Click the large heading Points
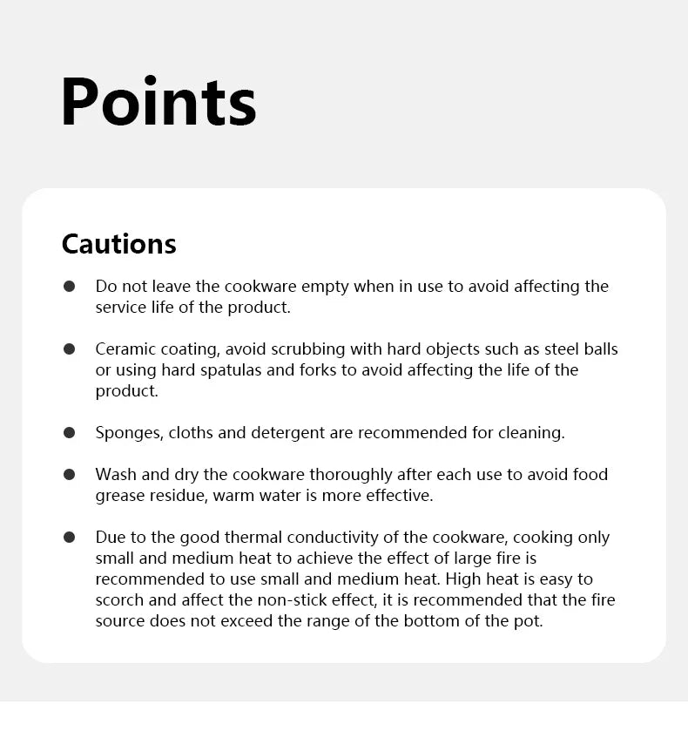[159, 102]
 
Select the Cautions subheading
[118, 244]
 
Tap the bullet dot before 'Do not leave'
[70, 287]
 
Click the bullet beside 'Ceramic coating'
[70, 349]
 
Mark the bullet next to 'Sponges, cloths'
[70, 432]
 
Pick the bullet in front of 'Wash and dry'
[70, 475]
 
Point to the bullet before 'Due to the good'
[70, 538]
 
